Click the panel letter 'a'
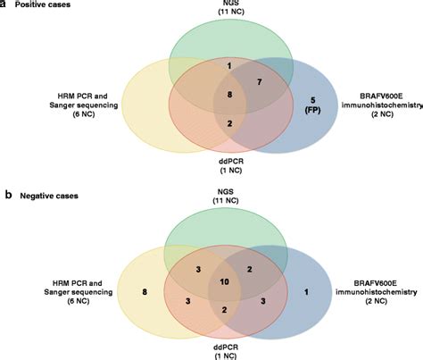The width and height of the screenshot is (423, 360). [4, 4]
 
